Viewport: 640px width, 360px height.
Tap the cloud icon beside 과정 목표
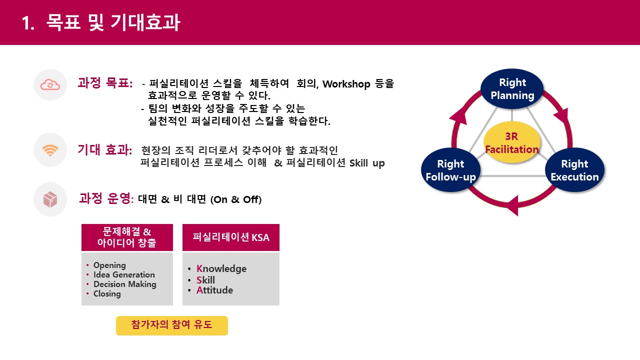50,85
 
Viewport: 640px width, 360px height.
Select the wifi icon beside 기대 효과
50,150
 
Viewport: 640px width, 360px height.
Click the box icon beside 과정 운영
50,199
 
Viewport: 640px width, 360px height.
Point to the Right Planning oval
512,89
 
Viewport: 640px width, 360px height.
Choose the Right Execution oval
574,170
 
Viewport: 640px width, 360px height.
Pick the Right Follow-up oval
450,170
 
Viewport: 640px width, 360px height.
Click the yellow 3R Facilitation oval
512,142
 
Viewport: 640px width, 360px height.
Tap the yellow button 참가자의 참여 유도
172,325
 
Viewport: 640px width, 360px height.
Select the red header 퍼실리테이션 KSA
230,237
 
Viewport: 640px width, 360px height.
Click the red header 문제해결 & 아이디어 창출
127,237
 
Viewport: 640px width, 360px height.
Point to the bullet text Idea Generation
124,274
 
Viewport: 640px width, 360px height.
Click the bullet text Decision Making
124,284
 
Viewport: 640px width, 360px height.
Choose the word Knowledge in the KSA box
221,269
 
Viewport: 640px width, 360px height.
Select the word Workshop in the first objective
345,84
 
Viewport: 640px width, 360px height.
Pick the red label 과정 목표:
105,83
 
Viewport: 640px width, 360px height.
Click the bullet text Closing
107,293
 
